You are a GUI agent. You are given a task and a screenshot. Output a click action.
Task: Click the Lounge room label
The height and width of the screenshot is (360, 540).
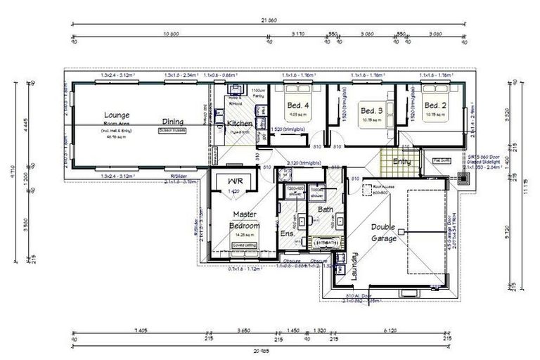[115, 115]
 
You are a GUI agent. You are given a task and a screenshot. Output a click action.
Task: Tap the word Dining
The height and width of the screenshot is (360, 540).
[172, 122]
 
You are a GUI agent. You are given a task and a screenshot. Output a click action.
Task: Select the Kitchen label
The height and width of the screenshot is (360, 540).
[240, 124]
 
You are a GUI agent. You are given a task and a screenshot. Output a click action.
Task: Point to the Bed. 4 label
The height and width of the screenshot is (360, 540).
[297, 106]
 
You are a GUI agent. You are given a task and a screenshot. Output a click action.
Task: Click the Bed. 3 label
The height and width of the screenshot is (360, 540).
[371, 111]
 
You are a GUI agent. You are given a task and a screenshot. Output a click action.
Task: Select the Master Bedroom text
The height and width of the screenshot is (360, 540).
[244, 220]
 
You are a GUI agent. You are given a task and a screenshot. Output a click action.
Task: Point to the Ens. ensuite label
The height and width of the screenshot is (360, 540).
[286, 233]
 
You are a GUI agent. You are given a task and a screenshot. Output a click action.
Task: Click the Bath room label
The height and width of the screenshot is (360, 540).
[325, 210]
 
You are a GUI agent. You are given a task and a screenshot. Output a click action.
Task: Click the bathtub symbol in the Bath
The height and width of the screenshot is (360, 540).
[324, 243]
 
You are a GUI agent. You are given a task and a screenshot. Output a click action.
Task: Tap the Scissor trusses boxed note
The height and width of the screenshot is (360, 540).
[172, 130]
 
